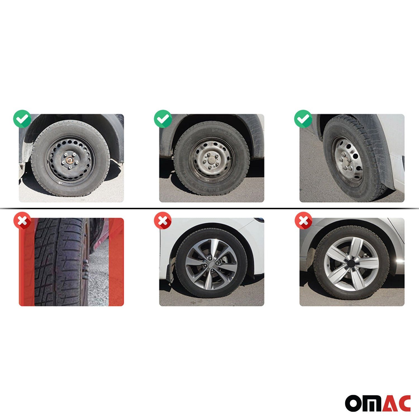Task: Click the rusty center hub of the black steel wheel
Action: pyautogui.click(x=69, y=161)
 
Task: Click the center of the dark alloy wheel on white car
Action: pyautogui.click(x=212, y=263)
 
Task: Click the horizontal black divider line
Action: pyautogui.click(x=209, y=209)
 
